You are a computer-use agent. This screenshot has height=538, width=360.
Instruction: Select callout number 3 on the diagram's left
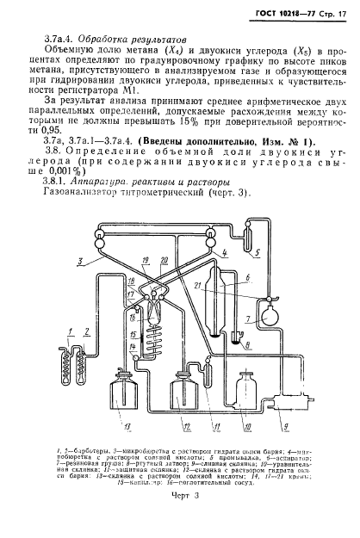[80, 258]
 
